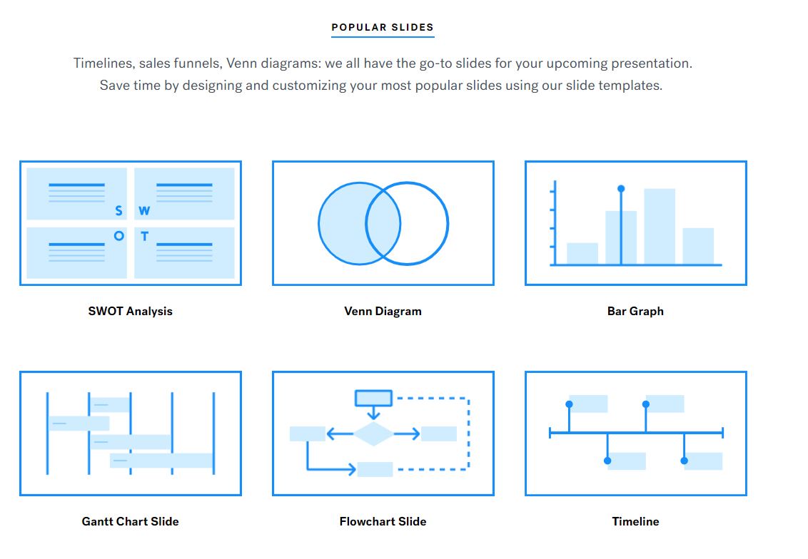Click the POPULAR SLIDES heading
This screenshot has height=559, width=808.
point(383,27)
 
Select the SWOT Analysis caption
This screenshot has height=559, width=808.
point(131,311)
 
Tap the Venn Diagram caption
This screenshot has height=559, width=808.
point(383,311)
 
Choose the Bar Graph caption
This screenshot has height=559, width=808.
point(635,311)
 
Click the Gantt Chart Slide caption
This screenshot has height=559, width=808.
point(131,521)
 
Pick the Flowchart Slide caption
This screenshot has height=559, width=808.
point(383,521)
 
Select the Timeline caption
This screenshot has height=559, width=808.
point(635,521)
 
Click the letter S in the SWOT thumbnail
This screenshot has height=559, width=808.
point(119,210)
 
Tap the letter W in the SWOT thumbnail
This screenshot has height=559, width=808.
point(144,210)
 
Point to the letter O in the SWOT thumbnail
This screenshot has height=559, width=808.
point(119,236)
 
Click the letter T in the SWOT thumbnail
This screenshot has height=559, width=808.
point(145,236)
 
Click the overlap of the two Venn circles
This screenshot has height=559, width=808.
point(383,223)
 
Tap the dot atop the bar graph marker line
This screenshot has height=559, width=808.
point(621,189)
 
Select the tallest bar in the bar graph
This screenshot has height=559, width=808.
point(660,227)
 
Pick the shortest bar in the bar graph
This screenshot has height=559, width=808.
point(582,254)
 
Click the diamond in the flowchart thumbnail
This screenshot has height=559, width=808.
point(373,434)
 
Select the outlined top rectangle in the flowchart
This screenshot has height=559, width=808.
point(373,398)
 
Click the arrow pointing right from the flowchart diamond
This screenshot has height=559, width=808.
point(407,434)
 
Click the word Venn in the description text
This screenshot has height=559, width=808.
point(242,63)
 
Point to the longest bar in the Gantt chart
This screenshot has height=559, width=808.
point(162,460)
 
